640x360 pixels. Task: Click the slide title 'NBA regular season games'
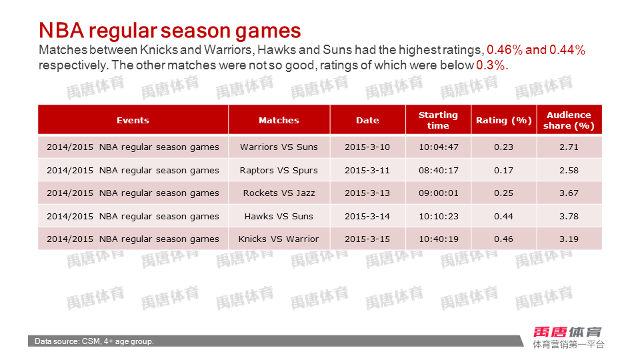(x=170, y=31)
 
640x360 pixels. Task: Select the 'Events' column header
(x=133, y=121)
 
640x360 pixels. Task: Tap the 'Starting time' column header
(x=438, y=120)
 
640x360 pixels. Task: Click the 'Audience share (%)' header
(x=569, y=120)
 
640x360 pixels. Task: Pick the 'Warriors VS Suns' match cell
(x=279, y=147)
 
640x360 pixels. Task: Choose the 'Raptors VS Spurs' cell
(x=279, y=170)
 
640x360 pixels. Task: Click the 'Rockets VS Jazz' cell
(x=279, y=193)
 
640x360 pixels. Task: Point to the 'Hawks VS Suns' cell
(x=279, y=216)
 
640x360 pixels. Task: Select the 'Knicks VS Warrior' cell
(x=279, y=239)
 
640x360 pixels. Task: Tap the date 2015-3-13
(x=367, y=193)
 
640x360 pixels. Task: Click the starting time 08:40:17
(x=439, y=170)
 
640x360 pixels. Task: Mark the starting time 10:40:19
(x=439, y=239)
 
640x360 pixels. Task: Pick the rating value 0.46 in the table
(x=504, y=239)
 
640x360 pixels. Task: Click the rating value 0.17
(x=504, y=170)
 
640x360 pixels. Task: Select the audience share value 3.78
(x=569, y=216)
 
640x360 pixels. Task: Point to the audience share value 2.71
(x=569, y=147)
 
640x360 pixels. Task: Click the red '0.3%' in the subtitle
(x=492, y=65)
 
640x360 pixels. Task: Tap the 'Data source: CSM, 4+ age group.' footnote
(x=94, y=341)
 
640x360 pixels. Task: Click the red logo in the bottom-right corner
(x=567, y=332)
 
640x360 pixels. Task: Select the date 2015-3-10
(x=367, y=147)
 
